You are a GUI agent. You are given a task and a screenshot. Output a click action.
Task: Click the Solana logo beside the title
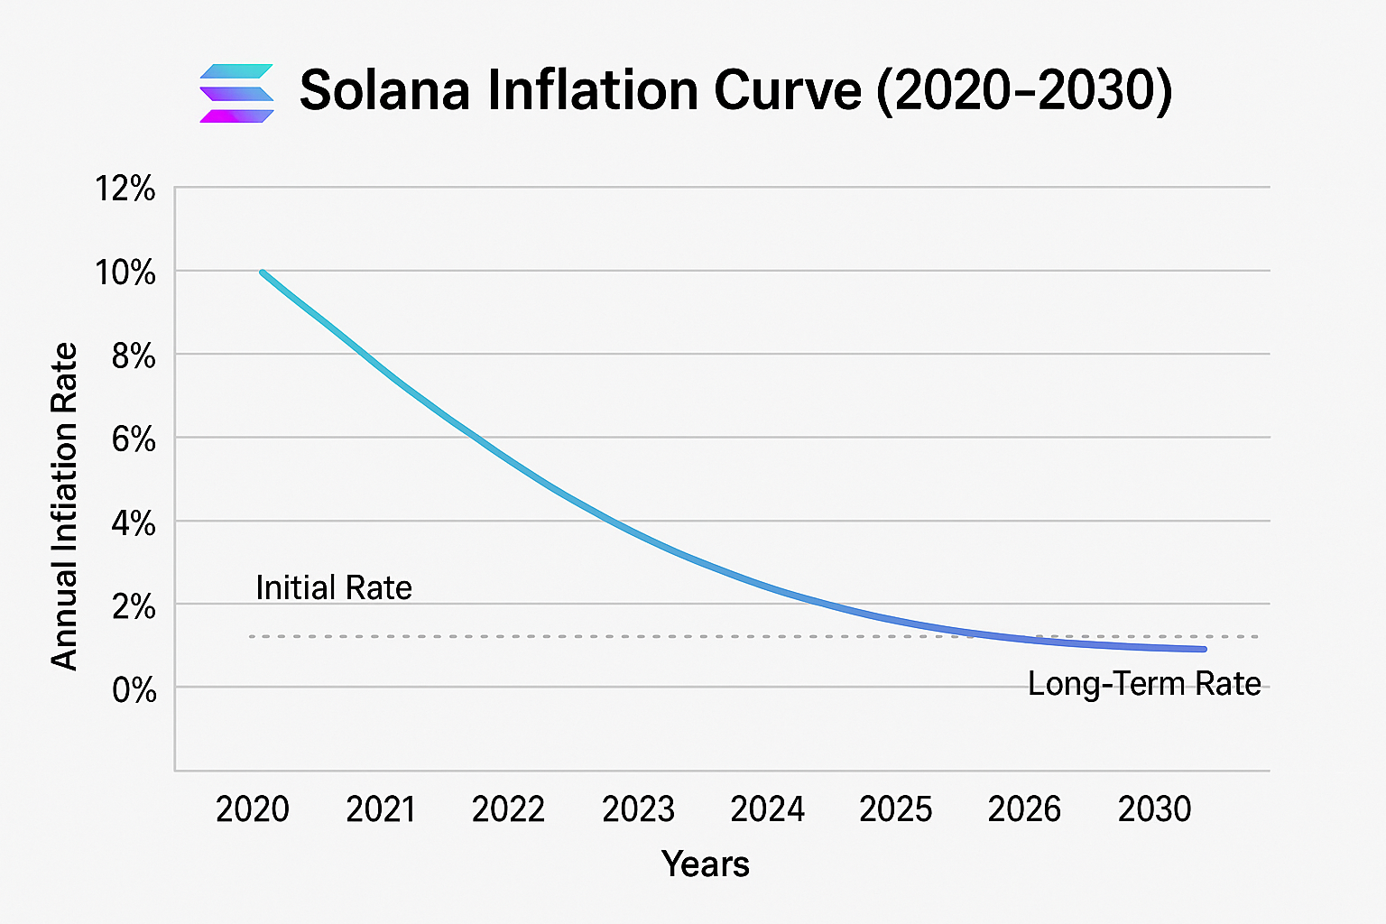tap(236, 93)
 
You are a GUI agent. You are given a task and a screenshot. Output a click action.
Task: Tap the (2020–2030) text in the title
tap(1024, 90)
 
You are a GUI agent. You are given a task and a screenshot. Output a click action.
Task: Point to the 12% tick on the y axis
tap(125, 189)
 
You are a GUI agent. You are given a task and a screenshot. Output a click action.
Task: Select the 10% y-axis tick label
tap(125, 273)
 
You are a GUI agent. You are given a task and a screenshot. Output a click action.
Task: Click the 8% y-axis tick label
tap(134, 356)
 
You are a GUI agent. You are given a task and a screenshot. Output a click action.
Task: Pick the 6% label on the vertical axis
tap(134, 439)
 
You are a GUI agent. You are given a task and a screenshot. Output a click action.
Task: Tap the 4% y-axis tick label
tap(134, 523)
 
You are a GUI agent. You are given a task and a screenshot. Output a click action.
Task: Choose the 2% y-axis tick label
tap(134, 606)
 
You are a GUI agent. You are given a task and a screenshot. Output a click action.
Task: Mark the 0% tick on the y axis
tap(134, 690)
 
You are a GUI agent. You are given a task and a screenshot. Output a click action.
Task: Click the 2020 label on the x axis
tap(253, 809)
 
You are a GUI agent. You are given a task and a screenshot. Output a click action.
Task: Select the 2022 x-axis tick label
tap(509, 809)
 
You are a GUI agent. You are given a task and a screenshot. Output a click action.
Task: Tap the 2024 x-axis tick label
tap(767, 809)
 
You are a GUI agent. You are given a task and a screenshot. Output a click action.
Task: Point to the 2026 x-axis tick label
tap(1024, 809)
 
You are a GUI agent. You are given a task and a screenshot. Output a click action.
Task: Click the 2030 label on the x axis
tap(1154, 809)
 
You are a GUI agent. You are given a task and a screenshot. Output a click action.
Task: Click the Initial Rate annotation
tap(334, 587)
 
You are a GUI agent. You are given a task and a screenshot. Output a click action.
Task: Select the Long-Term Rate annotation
tap(1144, 684)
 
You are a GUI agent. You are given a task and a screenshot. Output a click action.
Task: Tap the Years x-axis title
tap(705, 864)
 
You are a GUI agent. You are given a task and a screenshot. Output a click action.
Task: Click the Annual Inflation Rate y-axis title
tap(64, 506)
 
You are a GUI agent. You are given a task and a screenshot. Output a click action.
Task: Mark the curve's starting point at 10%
tap(263, 273)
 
